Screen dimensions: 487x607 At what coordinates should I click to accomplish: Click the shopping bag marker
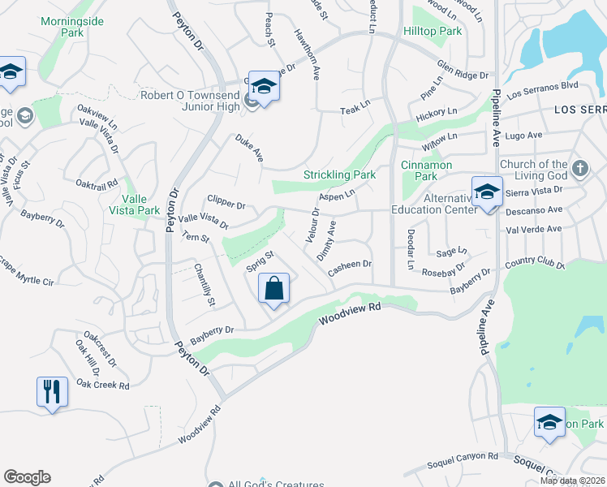pos(274,288)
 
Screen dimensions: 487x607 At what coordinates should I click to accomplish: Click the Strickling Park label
pos(339,175)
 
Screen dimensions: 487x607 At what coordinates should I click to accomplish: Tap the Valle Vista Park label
pos(130,204)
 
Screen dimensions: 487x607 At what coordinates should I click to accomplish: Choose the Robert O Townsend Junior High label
pos(191,101)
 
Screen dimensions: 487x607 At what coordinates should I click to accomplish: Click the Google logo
pos(27,477)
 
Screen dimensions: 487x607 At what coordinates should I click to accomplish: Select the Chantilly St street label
pos(204,285)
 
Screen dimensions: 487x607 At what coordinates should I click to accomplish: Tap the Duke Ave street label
pos(249,149)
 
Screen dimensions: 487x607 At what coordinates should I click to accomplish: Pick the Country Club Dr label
pos(534,263)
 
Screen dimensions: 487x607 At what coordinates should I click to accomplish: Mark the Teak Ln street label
pos(355,110)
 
